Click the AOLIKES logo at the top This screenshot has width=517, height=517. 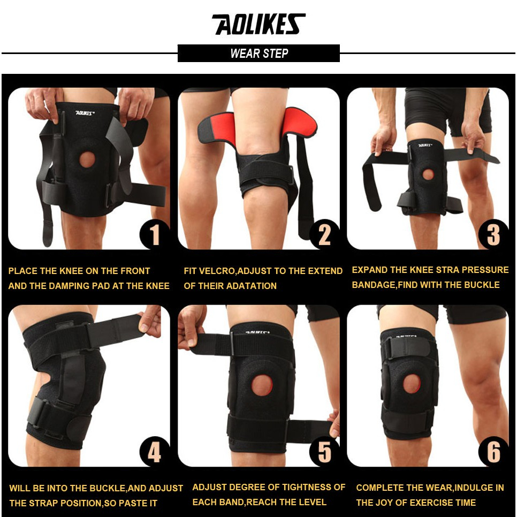pyautogui.click(x=258, y=25)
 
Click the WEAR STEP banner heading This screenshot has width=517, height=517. pyautogui.click(x=258, y=54)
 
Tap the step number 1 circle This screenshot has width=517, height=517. pyautogui.click(x=154, y=234)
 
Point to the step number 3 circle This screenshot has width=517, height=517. pyautogui.click(x=492, y=234)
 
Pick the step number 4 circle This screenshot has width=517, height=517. pyautogui.click(x=154, y=452)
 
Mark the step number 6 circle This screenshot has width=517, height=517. pyautogui.click(x=492, y=452)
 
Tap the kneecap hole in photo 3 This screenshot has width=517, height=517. pyautogui.click(x=428, y=174)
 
